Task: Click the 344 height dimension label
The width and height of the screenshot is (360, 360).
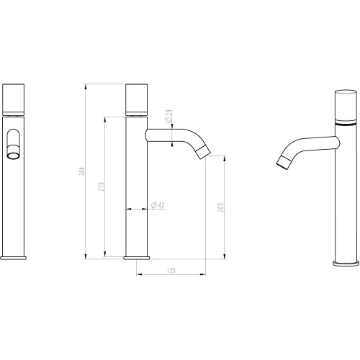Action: point(82,171)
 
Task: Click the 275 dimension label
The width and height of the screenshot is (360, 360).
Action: point(102,186)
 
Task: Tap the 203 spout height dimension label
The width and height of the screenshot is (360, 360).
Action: point(220,207)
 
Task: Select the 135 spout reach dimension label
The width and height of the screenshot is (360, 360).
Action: point(171,271)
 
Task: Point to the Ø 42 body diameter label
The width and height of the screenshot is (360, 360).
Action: point(158,205)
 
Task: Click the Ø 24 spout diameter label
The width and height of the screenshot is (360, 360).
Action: point(169,116)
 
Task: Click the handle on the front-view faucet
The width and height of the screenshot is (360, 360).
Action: point(13,99)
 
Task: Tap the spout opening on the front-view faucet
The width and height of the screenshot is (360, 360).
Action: point(14,156)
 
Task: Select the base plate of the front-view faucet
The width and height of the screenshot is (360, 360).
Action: point(13,258)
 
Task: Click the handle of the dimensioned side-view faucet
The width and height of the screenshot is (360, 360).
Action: point(137,99)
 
